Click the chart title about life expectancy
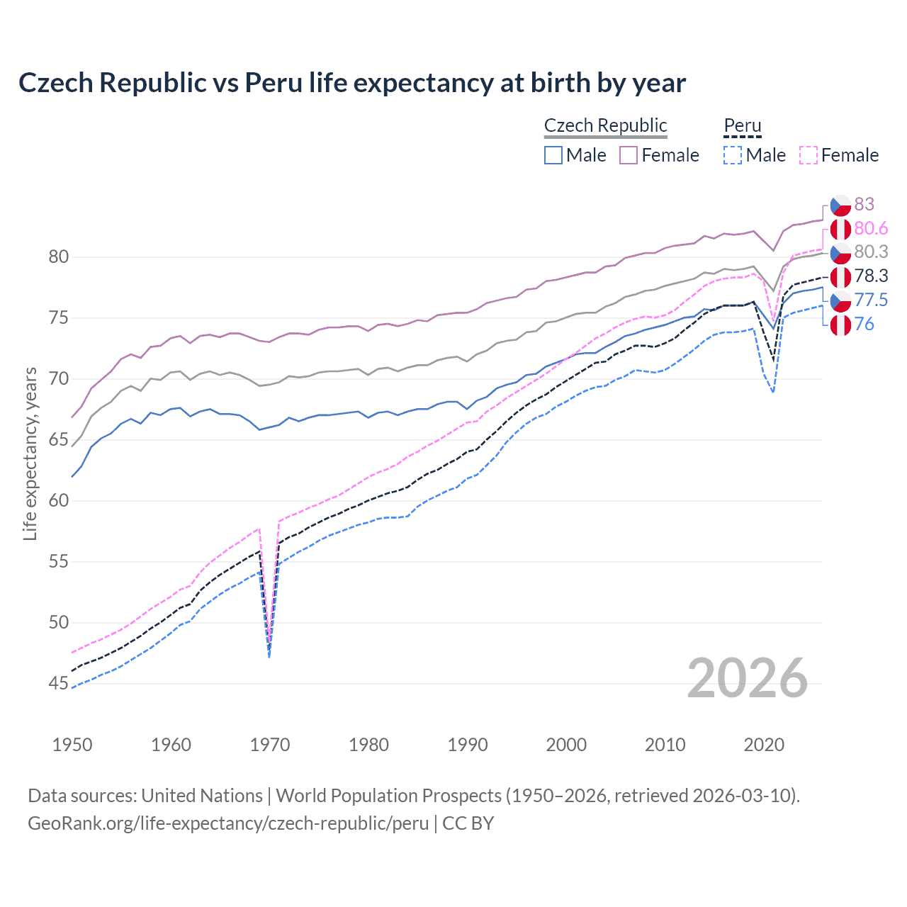pyautogui.click(x=351, y=83)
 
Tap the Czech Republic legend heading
pyautogui.click(x=605, y=125)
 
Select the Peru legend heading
pyautogui.click(x=742, y=125)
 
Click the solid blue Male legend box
pyautogui.click(x=553, y=155)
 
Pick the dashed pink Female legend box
pyautogui.click(x=809, y=155)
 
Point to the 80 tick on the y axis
pyautogui.click(x=59, y=257)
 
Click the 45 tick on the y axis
pyautogui.click(x=59, y=684)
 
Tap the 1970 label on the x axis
pyautogui.click(x=270, y=745)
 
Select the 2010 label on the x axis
pyautogui.click(x=665, y=745)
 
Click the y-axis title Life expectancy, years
pyautogui.click(x=30, y=453)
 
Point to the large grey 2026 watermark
pyautogui.click(x=747, y=678)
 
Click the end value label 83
pyautogui.click(x=864, y=205)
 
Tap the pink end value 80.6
pyautogui.click(x=871, y=228)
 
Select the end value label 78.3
pyautogui.click(x=871, y=276)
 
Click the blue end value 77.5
pyautogui.click(x=871, y=300)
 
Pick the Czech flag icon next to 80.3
pyautogui.click(x=840, y=252)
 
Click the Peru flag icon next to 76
pyautogui.click(x=840, y=325)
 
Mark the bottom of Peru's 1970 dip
pyautogui.click(x=269, y=655)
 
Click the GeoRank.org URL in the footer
pyautogui.click(x=228, y=823)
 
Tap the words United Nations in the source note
pyautogui.click(x=202, y=796)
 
